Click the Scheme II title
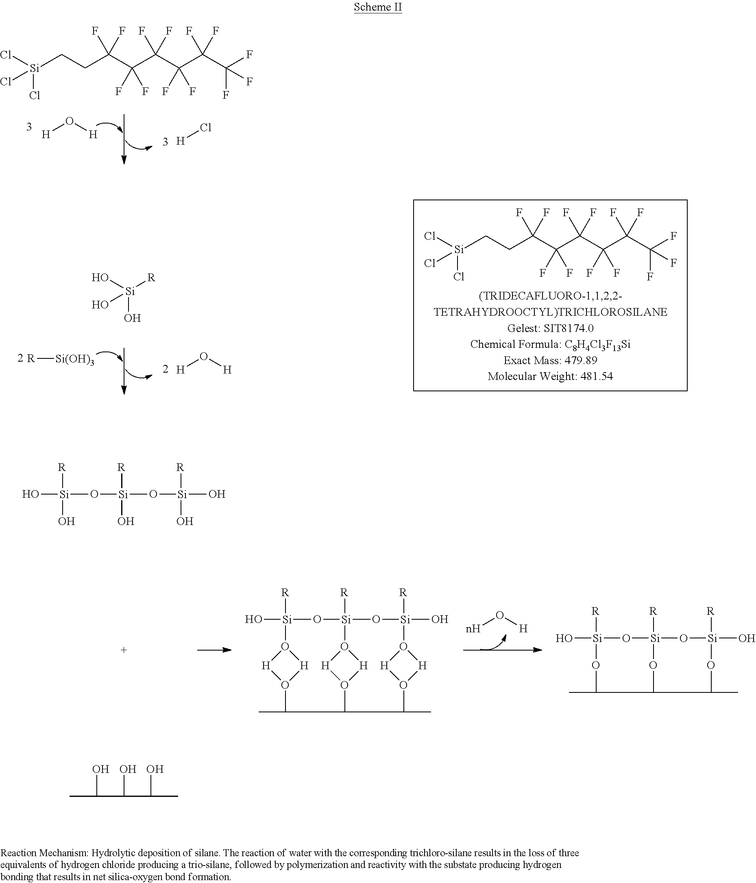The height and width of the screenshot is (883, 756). click(378, 7)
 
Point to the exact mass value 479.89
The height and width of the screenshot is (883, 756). click(581, 360)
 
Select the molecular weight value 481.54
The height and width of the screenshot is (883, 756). click(597, 376)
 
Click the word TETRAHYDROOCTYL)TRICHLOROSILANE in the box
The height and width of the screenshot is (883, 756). click(550, 312)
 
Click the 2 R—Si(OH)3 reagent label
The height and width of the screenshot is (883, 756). click(56, 359)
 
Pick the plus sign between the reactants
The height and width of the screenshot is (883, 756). click(124, 650)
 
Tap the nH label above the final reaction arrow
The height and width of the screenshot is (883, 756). click(473, 629)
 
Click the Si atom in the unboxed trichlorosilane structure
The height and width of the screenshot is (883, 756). click(35, 68)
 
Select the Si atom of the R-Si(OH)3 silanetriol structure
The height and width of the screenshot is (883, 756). click(130, 291)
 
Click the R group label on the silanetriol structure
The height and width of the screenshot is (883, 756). click(151, 278)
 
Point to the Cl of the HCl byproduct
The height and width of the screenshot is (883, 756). click(205, 128)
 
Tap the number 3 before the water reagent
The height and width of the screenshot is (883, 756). click(29, 126)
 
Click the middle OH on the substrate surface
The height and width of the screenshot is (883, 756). click(128, 769)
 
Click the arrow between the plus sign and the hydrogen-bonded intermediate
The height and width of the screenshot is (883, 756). click(214, 650)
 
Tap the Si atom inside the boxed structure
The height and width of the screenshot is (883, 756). click(459, 249)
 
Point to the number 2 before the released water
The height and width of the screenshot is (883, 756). click(166, 369)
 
